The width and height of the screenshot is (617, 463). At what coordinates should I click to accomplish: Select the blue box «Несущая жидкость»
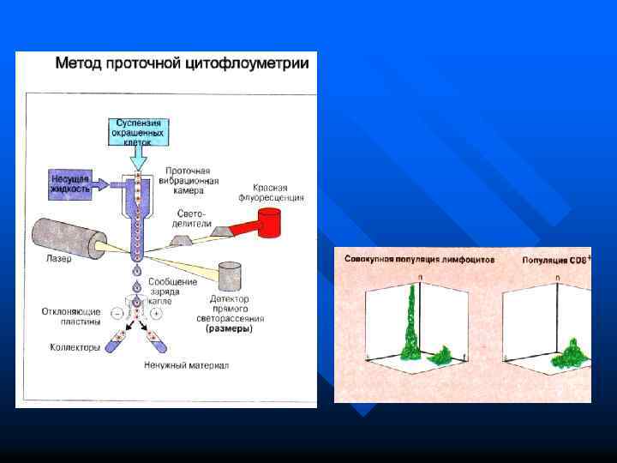pyautogui.click(x=69, y=183)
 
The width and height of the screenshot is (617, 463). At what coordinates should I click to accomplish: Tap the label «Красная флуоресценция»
pyautogui.click(x=276, y=192)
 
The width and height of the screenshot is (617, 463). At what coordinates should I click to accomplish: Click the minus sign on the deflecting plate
pyautogui.click(x=117, y=314)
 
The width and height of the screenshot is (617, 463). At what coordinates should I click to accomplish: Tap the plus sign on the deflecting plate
pyautogui.click(x=156, y=314)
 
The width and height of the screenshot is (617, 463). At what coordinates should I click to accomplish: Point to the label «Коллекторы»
pyautogui.click(x=74, y=347)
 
